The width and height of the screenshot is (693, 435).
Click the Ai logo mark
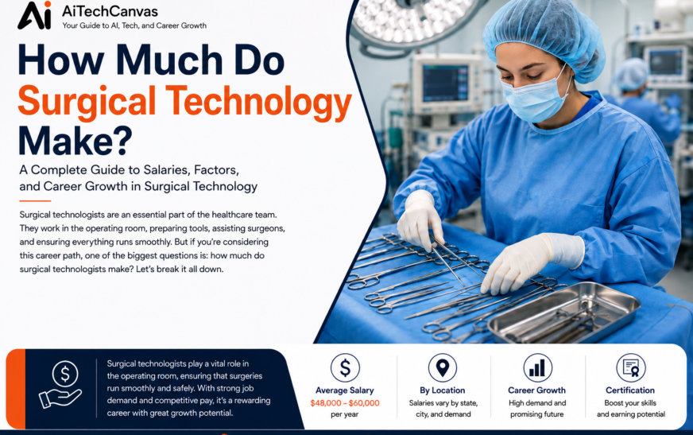(35, 16)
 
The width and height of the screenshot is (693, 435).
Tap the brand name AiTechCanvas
(110, 11)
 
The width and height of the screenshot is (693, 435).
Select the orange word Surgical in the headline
(87, 102)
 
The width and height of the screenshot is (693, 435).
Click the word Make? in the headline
(75, 140)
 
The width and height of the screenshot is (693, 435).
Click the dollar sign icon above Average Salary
(345, 368)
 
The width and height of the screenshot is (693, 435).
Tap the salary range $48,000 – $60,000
(345, 402)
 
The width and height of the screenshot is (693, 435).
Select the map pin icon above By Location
(443, 368)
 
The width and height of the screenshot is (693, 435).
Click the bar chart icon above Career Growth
(537, 368)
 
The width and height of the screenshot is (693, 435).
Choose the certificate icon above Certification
(631, 368)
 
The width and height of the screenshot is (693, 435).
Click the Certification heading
(630, 390)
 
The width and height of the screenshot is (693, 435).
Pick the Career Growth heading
(537, 390)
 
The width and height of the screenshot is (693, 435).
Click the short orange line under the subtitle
(35, 201)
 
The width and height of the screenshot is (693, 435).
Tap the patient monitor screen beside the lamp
(445, 84)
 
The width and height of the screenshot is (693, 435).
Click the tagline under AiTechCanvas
(134, 25)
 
